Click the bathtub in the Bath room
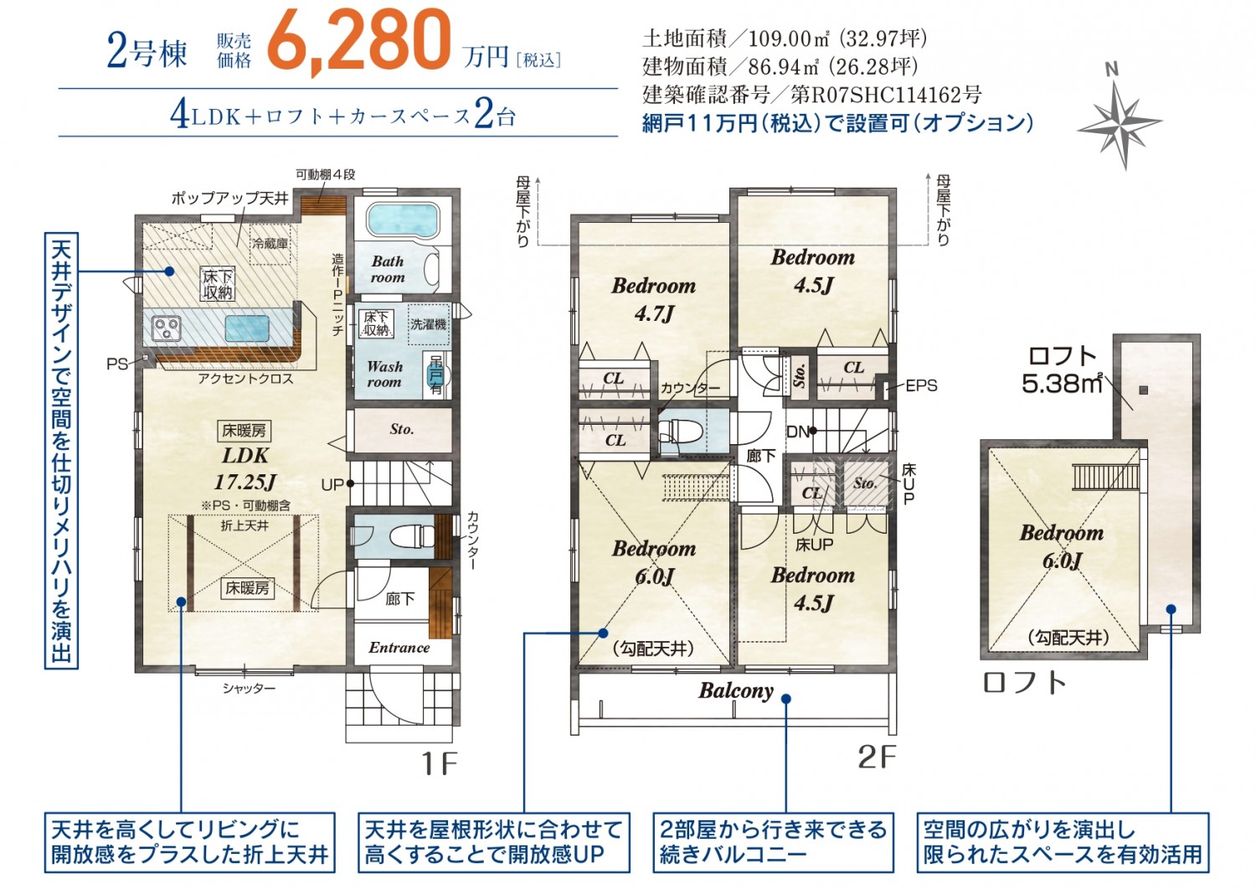pos(403,221)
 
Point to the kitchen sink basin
pos(247,328)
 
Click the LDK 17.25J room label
pos(245,468)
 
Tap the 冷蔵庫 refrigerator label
pos(270,243)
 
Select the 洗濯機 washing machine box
pos(429,324)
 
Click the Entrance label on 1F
pos(399,648)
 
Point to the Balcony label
pos(736,691)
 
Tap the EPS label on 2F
pos(921,385)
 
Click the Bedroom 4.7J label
pos(654,300)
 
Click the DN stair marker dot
pos(812,431)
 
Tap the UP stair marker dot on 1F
pos(350,483)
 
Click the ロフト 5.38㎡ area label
pos(1062,370)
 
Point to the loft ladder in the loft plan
pos(1106,477)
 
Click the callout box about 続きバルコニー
pos(773,842)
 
